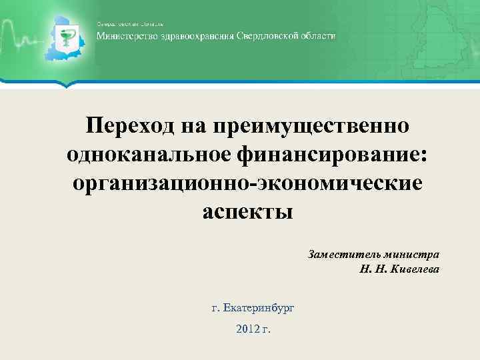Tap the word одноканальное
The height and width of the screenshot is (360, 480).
[x=148, y=154]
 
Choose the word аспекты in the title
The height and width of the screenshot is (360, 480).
[x=247, y=211]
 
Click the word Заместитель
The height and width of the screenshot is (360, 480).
[x=341, y=255]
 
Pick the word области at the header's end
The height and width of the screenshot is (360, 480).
[x=320, y=36]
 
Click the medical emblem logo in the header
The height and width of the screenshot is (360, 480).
[x=67, y=41]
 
